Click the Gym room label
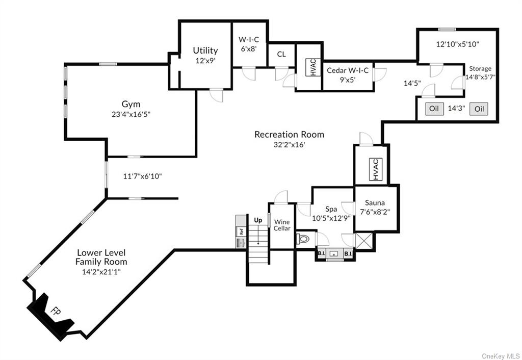(x=130, y=105)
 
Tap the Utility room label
(x=205, y=50)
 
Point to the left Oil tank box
(x=434, y=109)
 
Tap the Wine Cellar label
(x=282, y=225)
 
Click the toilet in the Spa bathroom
(x=302, y=238)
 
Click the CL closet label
(x=281, y=54)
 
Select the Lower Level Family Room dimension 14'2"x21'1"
(x=101, y=271)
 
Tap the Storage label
(x=480, y=68)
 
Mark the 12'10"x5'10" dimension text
(x=457, y=44)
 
